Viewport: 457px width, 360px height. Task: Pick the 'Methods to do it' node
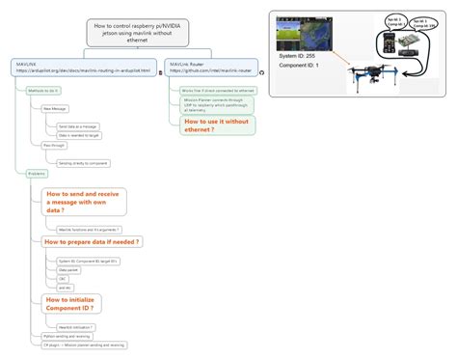(x=43, y=90)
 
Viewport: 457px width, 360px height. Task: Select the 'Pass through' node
(x=53, y=145)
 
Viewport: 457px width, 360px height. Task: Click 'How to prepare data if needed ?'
(x=92, y=241)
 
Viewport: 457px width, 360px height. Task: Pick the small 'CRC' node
(x=63, y=278)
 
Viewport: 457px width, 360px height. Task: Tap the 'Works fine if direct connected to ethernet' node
(x=217, y=90)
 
